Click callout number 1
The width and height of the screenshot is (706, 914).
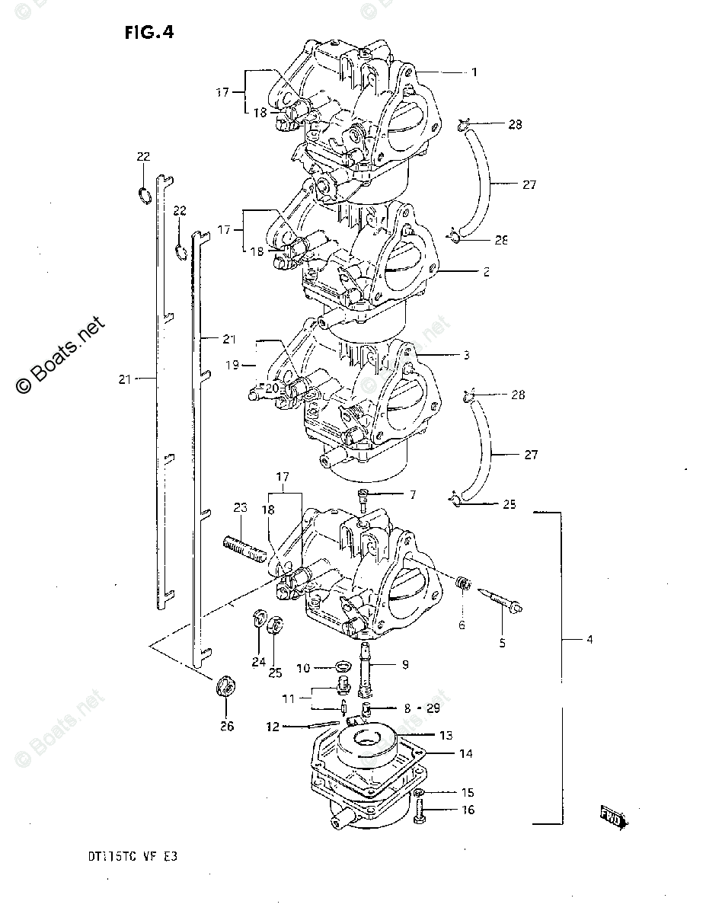pyautogui.click(x=474, y=72)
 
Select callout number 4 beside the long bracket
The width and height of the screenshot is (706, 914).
pyautogui.click(x=589, y=640)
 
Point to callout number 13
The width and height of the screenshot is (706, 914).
pyautogui.click(x=446, y=735)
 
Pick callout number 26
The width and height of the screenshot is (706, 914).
pyautogui.click(x=227, y=726)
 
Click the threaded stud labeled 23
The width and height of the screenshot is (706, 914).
pyautogui.click(x=244, y=548)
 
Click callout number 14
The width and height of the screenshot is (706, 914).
pyautogui.click(x=465, y=754)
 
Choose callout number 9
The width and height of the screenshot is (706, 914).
pyautogui.click(x=405, y=665)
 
